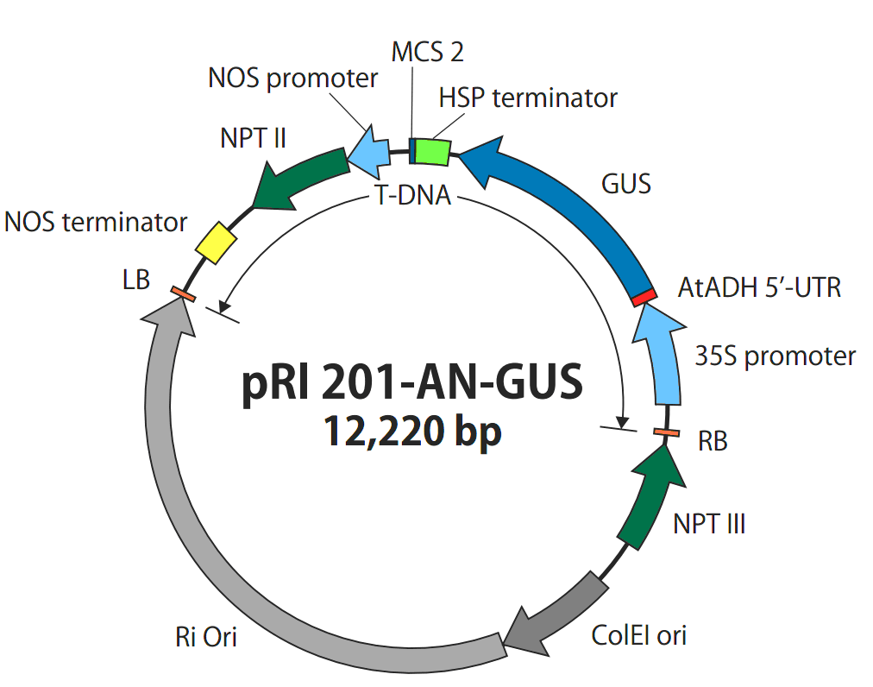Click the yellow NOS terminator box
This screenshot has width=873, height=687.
[x=216, y=243]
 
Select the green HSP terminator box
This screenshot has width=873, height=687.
[x=432, y=152]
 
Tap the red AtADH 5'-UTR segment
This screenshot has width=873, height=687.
[x=644, y=297]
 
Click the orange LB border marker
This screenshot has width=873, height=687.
[x=183, y=293]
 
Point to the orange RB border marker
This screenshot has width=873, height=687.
[x=667, y=432]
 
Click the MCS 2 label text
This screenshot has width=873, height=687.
[x=427, y=52]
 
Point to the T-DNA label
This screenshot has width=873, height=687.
[x=413, y=196]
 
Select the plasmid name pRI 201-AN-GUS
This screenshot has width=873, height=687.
[x=412, y=382]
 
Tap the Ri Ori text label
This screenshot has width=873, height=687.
[x=206, y=637]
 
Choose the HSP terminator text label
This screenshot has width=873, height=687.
[x=528, y=98]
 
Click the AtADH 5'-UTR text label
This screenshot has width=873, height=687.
[x=759, y=288]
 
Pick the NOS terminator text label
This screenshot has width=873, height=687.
[x=96, y=223]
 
